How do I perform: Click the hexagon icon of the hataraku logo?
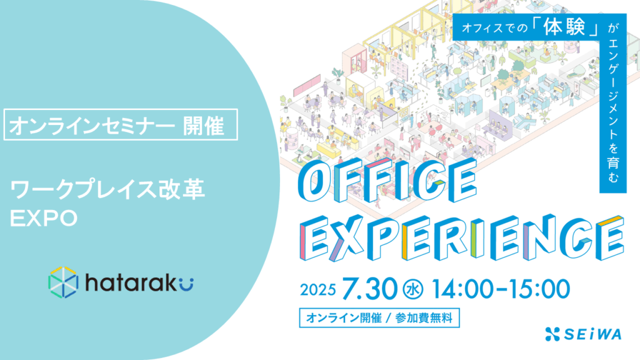63,282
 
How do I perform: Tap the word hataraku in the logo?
139,282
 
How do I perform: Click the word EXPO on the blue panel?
44,218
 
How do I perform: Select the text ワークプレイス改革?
107,189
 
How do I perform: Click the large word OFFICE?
387,181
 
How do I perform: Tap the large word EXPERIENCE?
462,238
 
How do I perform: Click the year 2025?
318,290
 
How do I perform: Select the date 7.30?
369,289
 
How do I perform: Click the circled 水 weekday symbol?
412,289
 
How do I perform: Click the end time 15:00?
538,289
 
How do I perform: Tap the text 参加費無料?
424,318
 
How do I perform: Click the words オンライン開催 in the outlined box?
344,318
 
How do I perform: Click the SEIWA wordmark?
592,334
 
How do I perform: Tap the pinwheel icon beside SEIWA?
552,334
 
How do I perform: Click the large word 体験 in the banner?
564,27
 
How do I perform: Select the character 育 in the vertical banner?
613,162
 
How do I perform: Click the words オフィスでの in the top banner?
495,28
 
